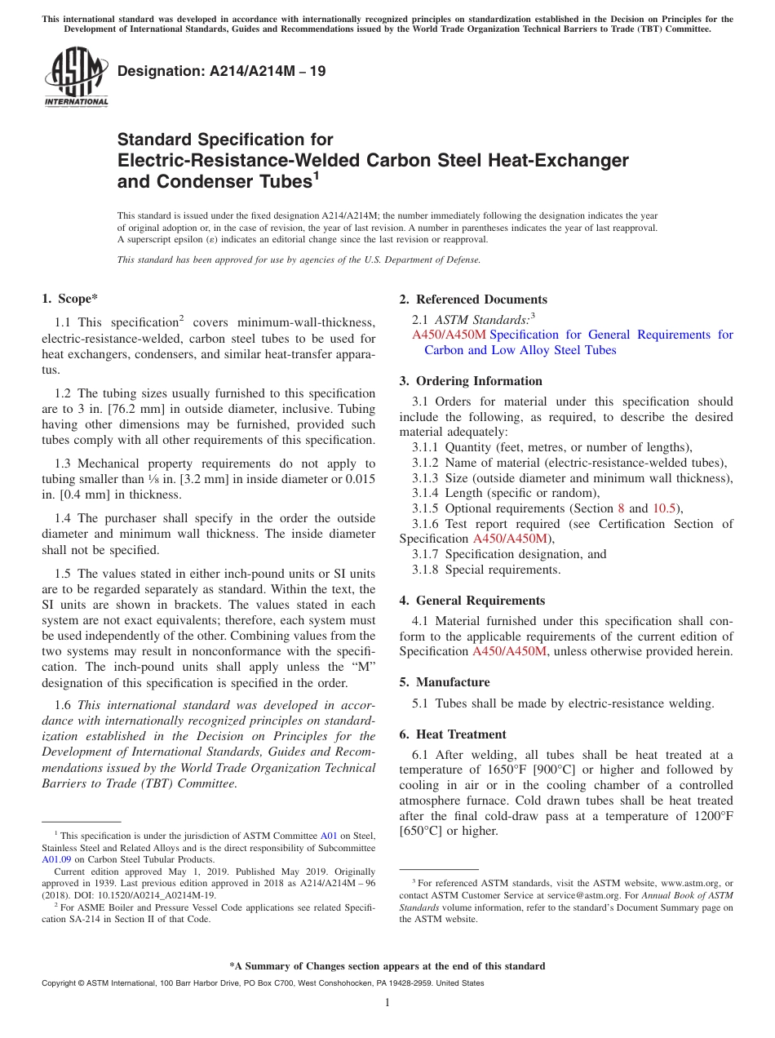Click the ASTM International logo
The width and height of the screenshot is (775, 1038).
[x=76, y=77]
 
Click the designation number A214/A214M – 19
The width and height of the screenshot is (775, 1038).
[x=222, y=71]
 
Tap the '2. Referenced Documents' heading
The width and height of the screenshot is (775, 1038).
[x=473, y=299]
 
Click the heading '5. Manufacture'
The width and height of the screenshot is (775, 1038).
[x=445, y=681]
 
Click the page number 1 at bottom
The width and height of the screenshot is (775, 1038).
[x=387, y=1002]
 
